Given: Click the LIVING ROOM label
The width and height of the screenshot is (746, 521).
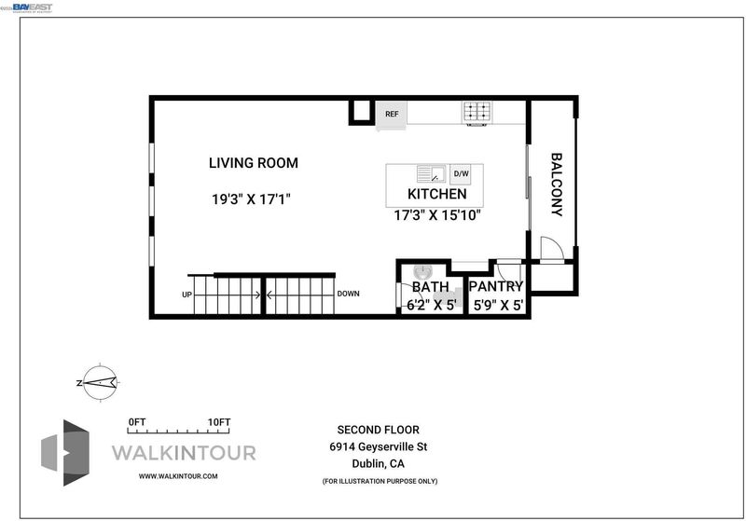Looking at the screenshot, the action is [x=254, y=163].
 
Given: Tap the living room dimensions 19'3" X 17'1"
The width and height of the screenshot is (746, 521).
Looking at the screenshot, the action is [x=251, y=199].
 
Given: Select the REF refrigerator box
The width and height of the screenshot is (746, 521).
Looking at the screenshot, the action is [x=392, y=114].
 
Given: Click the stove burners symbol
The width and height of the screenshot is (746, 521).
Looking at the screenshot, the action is [x=477, y=112].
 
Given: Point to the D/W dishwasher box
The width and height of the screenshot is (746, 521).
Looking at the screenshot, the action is [x=461, y=173].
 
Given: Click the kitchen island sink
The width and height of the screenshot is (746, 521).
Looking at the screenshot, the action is [x=431, y=173].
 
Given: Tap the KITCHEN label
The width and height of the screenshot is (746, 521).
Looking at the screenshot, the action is [x=437, y=194].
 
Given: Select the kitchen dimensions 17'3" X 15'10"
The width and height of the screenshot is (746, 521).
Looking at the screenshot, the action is [x=437, y=215].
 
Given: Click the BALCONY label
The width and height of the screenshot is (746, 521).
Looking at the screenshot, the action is [x=556, y=185].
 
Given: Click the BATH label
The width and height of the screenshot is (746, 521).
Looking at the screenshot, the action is [x=430, y=287].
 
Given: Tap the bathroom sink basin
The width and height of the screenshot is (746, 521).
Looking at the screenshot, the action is [x=422, y=273].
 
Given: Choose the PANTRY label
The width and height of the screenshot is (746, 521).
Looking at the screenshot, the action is [x=496, y=286].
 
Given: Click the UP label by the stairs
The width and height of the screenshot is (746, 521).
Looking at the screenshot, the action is [x=187, y=295].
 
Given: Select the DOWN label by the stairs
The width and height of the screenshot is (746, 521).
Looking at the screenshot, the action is [x=348, y=294].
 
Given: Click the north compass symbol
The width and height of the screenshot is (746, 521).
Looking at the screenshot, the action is [x=100, y=382].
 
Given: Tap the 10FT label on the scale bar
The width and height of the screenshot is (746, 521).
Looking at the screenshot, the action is [x=219, y=422].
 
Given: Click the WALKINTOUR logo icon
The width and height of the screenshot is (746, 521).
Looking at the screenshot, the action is [x=65, y=453].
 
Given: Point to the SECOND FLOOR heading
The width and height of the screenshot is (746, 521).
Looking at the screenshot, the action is [x=379, y=430].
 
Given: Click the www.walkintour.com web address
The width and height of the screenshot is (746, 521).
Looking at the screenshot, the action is [x=178, y=476].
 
